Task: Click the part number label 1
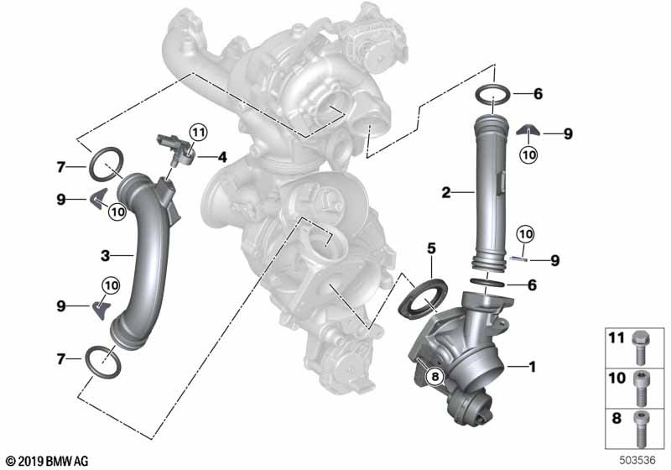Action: click(533, 367)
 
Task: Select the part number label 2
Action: click(446, 193)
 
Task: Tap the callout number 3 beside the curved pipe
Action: click(106, 256)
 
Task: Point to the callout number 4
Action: click(222, 157)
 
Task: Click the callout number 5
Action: click(431, 248)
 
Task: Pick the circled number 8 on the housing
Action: click(435, 377)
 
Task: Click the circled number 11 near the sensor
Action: click(198, 133)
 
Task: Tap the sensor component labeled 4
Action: click(175, 149)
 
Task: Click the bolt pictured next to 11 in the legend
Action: click(641, 347)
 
